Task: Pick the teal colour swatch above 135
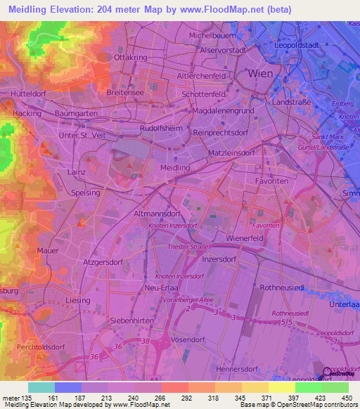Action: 41,387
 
